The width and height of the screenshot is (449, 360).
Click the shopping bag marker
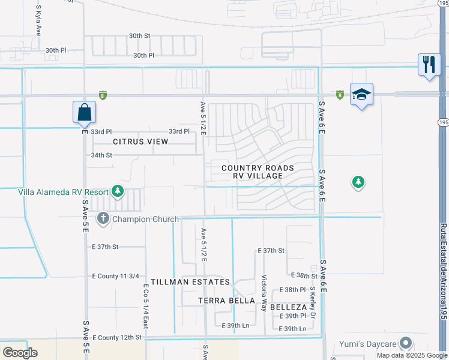[x=85, y=112]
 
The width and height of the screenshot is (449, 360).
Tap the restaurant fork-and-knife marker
[x=429, y=64]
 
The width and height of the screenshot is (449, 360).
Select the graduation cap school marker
[x=361, y=95]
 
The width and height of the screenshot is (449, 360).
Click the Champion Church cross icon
[x=103, y=218]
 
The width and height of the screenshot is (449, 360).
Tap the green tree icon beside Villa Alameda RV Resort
[x=118, y=191]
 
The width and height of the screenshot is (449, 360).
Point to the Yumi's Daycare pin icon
[x=406, y=343]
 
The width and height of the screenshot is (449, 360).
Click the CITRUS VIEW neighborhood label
[x=140, y=142]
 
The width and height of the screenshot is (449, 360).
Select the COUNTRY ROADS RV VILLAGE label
[x=258, y=172]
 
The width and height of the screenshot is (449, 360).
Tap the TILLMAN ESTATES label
[x=190, y=282]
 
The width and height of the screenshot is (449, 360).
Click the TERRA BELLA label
[x=228, y=300]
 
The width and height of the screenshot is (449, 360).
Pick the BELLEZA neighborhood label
[x=289, y=307]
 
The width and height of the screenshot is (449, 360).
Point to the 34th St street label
[x=101, y=155]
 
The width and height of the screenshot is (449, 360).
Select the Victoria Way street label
[x=264, y=293]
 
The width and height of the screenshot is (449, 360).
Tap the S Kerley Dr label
[x=313, y=302]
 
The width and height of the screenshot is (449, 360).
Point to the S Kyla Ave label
[x=38, y=21]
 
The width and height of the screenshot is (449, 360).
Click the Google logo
[x=20, y=352]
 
